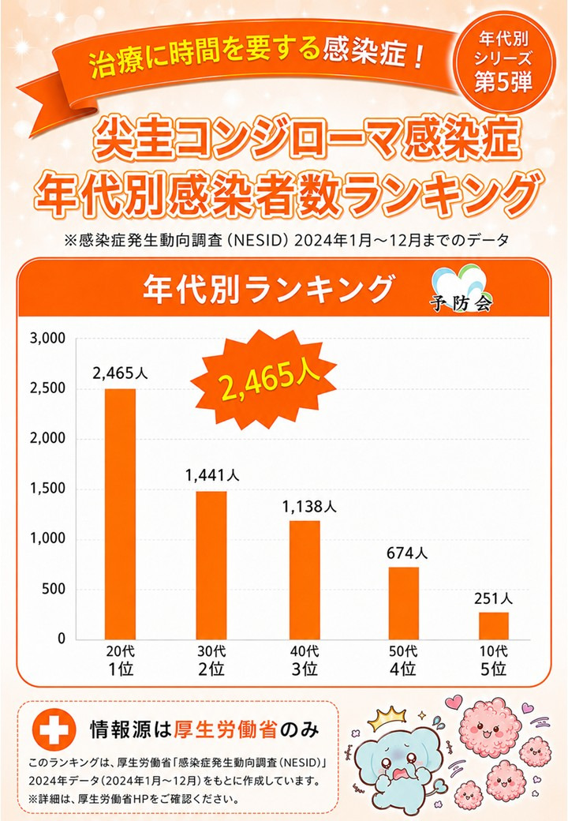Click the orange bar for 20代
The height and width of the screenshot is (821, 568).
tap(120, 514)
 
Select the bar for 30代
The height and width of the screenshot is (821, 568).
tap(211, 565)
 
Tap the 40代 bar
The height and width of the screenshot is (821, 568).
tap(305, 579)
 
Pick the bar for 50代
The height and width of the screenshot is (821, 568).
tap(403, 603)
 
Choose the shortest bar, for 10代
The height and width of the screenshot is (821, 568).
tap(494, 626)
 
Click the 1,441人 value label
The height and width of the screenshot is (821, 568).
tap(212, 475)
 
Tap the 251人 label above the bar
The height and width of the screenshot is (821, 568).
tap(494, 598)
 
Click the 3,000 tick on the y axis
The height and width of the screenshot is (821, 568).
tap(47, 338)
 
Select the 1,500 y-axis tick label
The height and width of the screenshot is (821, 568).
tap(47, 489)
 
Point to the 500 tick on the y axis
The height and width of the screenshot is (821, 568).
tap(54, 589)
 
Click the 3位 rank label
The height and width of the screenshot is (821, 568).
tap(305, 669)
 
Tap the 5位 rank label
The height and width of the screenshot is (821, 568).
tap(494, 669)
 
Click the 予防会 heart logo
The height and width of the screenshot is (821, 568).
tap(460, 288)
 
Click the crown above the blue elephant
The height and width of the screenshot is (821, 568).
tap(387, 721)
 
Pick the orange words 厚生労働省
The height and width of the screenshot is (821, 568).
tap(226, 729)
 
